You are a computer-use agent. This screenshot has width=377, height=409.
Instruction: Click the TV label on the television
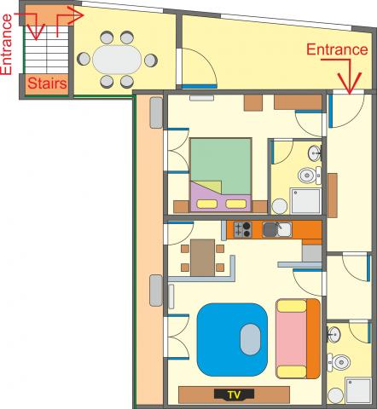(x=234, y=395)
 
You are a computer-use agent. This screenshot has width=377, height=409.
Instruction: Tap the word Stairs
(x=48, y=84)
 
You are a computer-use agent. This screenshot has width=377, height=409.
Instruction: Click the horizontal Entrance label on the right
(x=337, y=49)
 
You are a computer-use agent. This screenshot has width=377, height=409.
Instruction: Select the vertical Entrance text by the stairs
(x=7, y=44)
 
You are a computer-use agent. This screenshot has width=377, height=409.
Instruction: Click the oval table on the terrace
(x=117, y=60)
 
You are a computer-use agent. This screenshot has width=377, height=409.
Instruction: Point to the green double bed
(x=221, y=175)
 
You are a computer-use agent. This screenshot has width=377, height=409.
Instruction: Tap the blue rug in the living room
(x=232, y=339)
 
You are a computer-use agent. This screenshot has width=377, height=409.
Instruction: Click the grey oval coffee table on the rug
(x=250, y=339)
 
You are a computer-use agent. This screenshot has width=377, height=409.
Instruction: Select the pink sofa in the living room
(x=299, y=338)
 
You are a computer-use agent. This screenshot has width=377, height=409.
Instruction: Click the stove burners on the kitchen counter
(x=243, y=229)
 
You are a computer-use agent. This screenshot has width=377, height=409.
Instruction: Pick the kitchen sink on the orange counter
(x=277, y=229)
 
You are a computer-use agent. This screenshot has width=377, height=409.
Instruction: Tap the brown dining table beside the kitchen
(x=202, y=257)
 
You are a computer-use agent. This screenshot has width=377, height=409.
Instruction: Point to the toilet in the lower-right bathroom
(x=339, y=362)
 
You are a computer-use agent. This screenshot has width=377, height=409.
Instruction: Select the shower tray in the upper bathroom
(x=305, y=200)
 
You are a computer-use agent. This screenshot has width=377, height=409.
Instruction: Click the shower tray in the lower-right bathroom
(x=358, y=390)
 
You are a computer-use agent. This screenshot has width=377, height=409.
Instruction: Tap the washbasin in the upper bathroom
(x=315, y=153)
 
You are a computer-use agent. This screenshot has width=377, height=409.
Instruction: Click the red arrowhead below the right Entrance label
(x=350, y=83)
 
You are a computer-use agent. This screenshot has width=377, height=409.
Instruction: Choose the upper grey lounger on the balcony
(x=156, y=112)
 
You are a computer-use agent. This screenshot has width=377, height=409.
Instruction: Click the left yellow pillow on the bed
(x=207, y=204)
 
